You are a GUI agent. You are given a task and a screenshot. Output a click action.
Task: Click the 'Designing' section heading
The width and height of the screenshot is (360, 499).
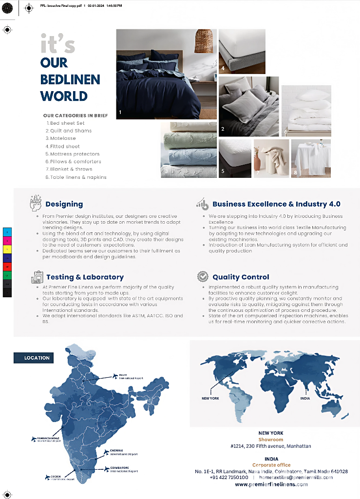pos(64,204)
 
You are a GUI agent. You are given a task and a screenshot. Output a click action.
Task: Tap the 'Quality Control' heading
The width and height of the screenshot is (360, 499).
pos(241,277)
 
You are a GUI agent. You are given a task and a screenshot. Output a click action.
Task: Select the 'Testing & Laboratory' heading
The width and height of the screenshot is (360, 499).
pos(85,277)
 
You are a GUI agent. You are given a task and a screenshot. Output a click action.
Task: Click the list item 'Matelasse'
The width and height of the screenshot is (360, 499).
pos(63,138)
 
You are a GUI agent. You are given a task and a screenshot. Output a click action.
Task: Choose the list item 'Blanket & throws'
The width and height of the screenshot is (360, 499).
pos(71,169)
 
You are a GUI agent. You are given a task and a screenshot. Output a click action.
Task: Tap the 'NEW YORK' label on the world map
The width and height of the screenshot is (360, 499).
pos(210,398)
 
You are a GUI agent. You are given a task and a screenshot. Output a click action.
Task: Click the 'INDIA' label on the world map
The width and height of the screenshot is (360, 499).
pos(305,398)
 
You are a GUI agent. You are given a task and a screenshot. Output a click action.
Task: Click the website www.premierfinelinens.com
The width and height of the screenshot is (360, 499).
pos(271,484)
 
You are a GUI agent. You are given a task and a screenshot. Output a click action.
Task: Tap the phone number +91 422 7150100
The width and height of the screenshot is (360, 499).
pos(229,478)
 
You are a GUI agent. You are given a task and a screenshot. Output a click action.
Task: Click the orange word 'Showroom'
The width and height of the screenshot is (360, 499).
pos(271,440)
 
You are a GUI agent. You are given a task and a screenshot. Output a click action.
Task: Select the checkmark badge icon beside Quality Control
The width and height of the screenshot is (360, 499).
pos(202,277)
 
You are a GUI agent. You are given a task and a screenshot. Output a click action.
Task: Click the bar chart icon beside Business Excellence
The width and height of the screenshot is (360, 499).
pos(202,203)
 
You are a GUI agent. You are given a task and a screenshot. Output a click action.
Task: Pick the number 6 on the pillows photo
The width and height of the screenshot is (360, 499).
pos(286,132)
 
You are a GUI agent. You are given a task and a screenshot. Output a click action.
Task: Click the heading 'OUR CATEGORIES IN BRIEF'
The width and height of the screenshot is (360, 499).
pos(76,115)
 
